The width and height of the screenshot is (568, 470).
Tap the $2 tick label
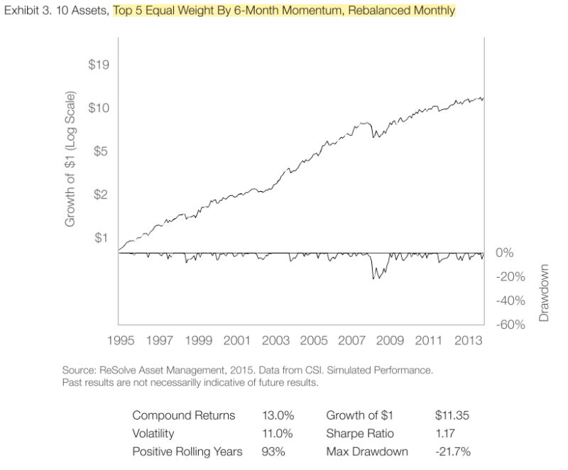tap(101, 195)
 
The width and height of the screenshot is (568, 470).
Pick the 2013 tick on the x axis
tap(470, 340)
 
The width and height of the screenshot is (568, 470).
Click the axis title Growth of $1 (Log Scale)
tap(70, 159)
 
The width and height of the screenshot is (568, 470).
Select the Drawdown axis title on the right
tap(545, 293)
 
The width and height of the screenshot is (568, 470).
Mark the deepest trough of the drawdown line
tap(375, 279)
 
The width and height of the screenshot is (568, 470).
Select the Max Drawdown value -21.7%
tap(452, 452)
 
